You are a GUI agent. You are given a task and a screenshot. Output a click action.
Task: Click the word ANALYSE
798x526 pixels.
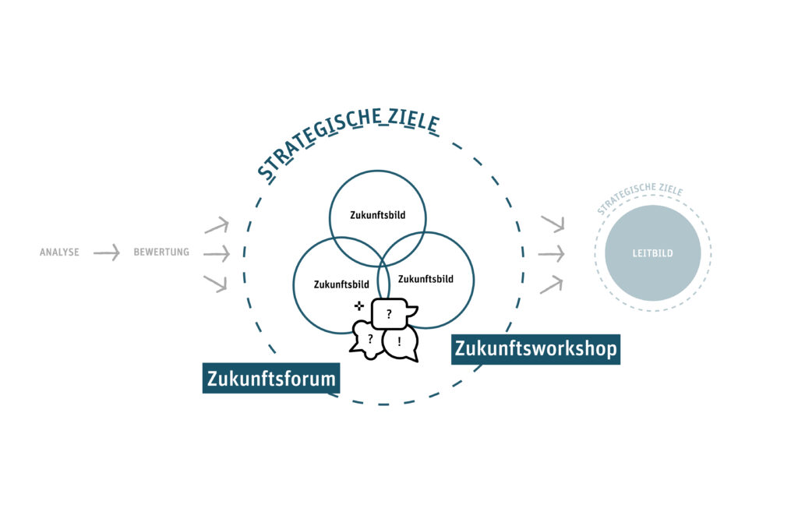tap(59, 252)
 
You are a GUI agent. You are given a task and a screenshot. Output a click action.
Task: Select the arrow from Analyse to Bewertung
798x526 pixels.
tap(107, 252)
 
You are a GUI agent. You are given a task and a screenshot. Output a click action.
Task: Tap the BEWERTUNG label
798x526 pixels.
tap(161, 252)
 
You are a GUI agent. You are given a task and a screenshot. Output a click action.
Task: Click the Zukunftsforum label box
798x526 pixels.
tap(271, 379)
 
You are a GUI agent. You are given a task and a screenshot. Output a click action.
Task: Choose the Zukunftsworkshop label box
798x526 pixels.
tap(536, 349)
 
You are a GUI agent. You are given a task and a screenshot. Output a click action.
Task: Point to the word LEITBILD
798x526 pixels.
tap(652, 253)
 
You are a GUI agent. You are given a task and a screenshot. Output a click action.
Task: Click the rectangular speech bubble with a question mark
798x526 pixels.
tap(390, 314)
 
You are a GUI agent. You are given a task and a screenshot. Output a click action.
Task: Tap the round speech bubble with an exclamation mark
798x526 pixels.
tap(401, 342)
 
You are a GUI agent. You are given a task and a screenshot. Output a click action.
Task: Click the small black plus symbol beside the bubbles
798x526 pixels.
tap(358, 305)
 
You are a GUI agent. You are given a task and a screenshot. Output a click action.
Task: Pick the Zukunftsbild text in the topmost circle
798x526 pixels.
tap(377, 214)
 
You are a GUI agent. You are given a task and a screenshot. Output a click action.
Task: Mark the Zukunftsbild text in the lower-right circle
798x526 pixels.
tap(425, 278)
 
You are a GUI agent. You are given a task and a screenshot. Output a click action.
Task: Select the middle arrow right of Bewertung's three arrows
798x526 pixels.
tap(217, 253)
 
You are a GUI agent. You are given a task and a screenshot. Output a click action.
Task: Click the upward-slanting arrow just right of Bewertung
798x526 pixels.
tap(217, 226)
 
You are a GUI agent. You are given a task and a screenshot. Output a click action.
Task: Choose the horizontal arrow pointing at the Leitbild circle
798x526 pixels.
tap(551, 254)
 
